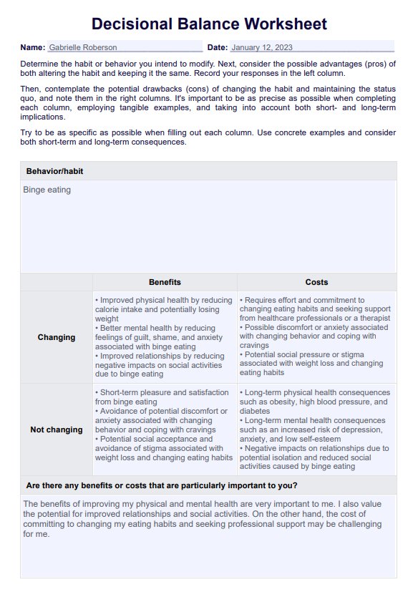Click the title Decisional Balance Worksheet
tap(209, 24)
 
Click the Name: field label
tap(33, 47)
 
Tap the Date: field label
tap(217, 47)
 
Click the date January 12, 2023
tap(263, 47)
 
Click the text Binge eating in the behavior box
tap(47, 190)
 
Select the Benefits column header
tap(165, 282)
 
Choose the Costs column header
tap(316, 282)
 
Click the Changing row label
tap(57, 337)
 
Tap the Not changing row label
tap(57, 430)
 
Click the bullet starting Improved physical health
tap(163, 309)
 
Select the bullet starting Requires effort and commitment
tap(315, 309)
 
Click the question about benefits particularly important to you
tap(162, 485)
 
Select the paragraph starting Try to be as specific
tap(208, 137)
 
